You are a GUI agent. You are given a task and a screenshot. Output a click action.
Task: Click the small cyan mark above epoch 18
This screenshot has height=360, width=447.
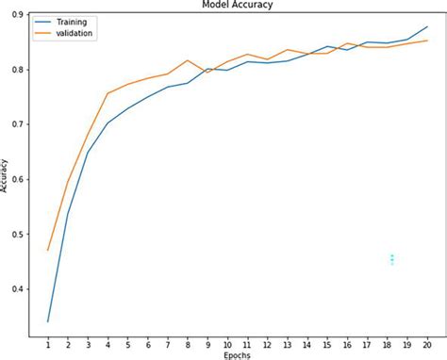tap(391, 259)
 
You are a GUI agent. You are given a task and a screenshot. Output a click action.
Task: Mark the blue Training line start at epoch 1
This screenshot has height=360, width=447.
tap(48, 321)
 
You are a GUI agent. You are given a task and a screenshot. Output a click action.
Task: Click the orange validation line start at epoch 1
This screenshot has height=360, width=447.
tap(48, 250)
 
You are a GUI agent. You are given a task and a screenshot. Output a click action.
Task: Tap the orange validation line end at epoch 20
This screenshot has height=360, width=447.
tap(426, 41)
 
